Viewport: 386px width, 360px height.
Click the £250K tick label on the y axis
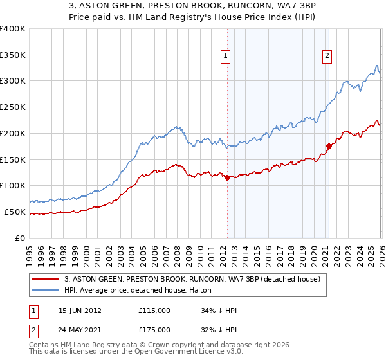click(x=13, y=107)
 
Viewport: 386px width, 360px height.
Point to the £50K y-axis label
click(x=15, y=212)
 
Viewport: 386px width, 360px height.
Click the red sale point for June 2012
click(x=227, y=177)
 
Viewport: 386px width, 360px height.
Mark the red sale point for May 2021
click(x=329, y=146)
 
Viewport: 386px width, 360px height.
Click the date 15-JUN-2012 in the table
click(x=80, y=310)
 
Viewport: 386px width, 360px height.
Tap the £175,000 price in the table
click(x=154, y=329)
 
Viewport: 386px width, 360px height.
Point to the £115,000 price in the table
click(x=154, y=310)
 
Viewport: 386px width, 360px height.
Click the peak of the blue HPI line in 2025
click(x=376, y=66)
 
